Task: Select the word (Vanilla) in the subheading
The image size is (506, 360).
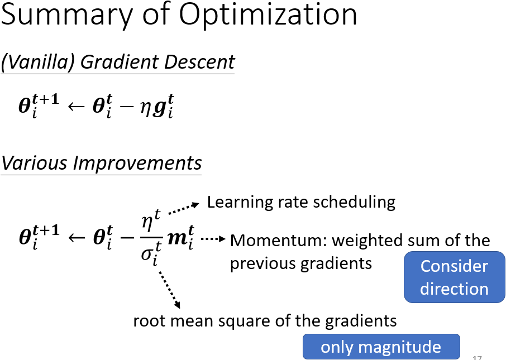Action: click(38, 62)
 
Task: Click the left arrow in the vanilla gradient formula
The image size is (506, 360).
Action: click(76, 107)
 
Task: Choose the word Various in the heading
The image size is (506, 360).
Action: click(34, 162)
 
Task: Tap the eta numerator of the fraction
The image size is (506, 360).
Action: click(151, 220)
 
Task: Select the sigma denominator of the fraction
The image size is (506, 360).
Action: click(151, 253)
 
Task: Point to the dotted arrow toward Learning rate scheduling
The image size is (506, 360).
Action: click(184, 208)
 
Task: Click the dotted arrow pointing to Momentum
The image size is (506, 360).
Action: click(213, 239)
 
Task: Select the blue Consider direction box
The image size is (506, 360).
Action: click(455, 277)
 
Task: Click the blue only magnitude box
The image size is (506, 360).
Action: click(381, 347)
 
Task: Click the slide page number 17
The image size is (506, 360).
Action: click(478, 357)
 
